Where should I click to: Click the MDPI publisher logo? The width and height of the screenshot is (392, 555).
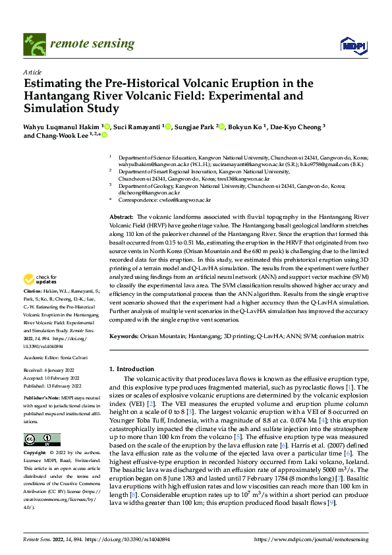[349, 44]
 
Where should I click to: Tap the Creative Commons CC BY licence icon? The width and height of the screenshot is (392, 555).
[42, 439]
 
